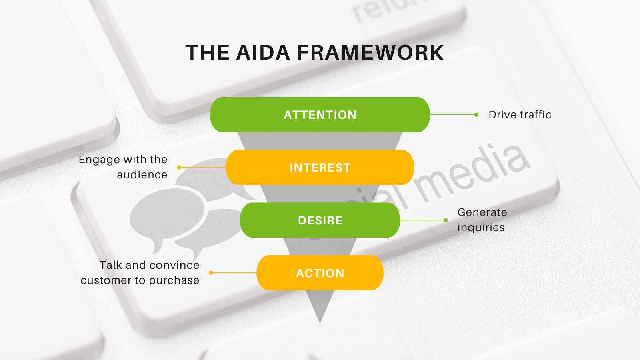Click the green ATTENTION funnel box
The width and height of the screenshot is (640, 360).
(320, 115)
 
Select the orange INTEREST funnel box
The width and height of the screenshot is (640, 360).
(320, 168)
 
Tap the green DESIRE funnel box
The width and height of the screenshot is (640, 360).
(320, 220)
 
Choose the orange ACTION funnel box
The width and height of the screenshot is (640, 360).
(320, 273)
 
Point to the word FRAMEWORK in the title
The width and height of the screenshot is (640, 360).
(370, 53)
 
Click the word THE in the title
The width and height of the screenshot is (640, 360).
(208, 53)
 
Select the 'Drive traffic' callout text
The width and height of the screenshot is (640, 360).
(520, 115)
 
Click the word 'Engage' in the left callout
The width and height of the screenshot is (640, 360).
(99, 160)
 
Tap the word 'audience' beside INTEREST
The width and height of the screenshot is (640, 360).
(142, 175)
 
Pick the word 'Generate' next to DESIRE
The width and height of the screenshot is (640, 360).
(482, 212)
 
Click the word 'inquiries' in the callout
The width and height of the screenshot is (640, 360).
(481, 228)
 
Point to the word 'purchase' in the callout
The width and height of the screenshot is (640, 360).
(174, 280)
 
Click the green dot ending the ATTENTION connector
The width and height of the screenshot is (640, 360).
(476, 115)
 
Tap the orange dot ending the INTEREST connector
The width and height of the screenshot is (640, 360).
(179, 167)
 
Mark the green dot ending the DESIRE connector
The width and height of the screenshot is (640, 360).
(446, 220)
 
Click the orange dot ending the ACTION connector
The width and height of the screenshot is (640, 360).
(211, 273)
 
